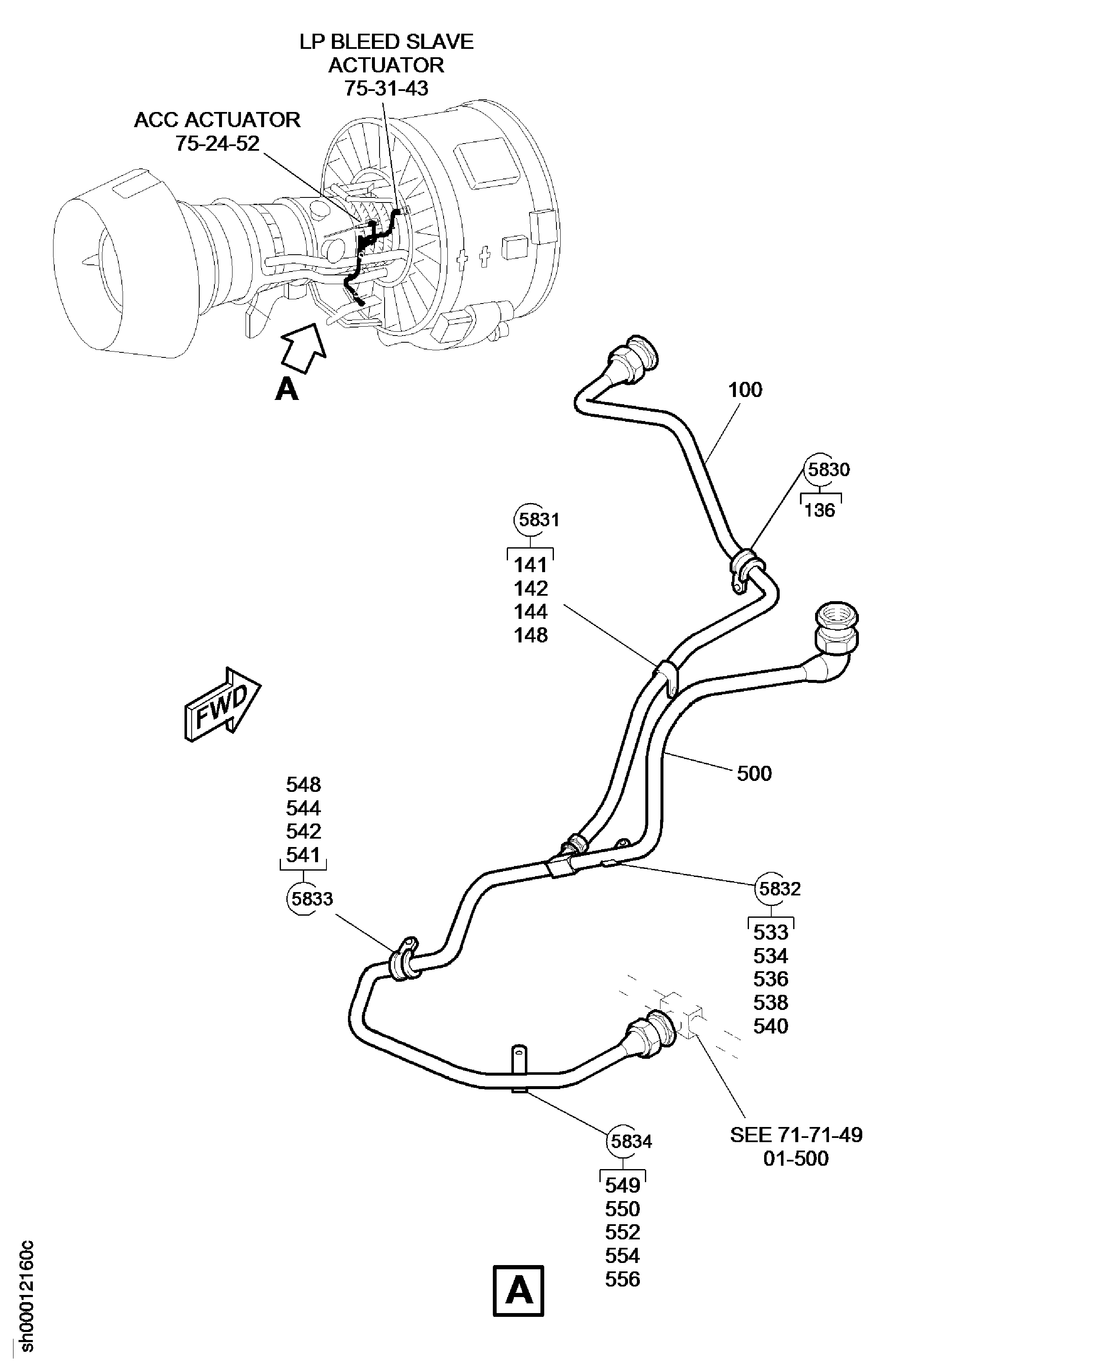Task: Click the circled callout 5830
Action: (x=828, y=469)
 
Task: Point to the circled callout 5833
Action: (x=312, y=898)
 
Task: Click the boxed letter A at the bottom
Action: (x=518, y=1290)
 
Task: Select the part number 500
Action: (x=754, y=773)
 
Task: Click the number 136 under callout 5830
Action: (x=820, y=510)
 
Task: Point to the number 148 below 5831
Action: (x=530, y=635)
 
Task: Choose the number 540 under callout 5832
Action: (x=770, y=1026)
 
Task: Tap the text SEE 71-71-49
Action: (x=796, y=1135)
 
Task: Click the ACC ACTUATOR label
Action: (x=217, y=120)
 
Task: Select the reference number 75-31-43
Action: (x=385, y=88)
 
